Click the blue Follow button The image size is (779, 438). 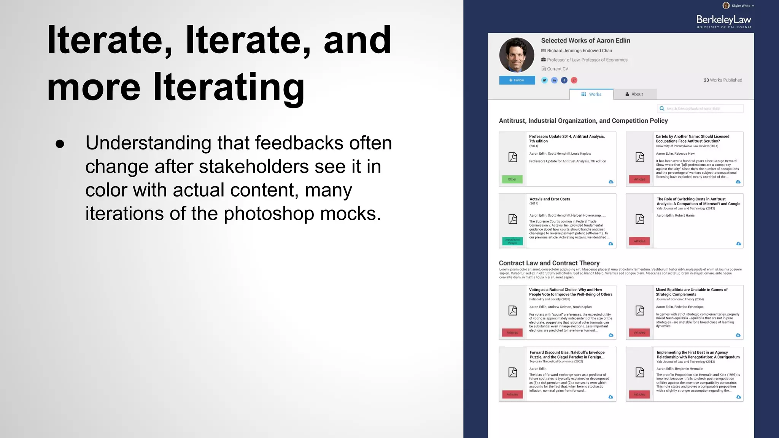(517, 80)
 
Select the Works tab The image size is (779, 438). (591, 94)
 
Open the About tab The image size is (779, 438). (634, 94)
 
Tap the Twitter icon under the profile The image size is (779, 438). (545, 80)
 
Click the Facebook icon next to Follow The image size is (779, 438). (564, 80)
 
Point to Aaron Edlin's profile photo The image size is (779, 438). (517, 55)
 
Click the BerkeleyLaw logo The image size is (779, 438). (723, 21)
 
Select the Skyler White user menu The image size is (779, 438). (738, 6)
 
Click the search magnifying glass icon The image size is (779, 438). (662, 109)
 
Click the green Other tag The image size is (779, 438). (512, 179)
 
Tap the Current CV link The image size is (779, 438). (557, 69)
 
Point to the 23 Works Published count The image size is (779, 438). (723, 80)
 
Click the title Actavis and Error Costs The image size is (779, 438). (550, 199)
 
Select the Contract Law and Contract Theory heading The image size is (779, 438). (549, 263)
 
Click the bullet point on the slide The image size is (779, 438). (60, 144)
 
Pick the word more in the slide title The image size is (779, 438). (94, 87)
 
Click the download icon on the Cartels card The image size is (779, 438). (738, 182)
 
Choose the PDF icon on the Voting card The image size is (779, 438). (513, 311)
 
